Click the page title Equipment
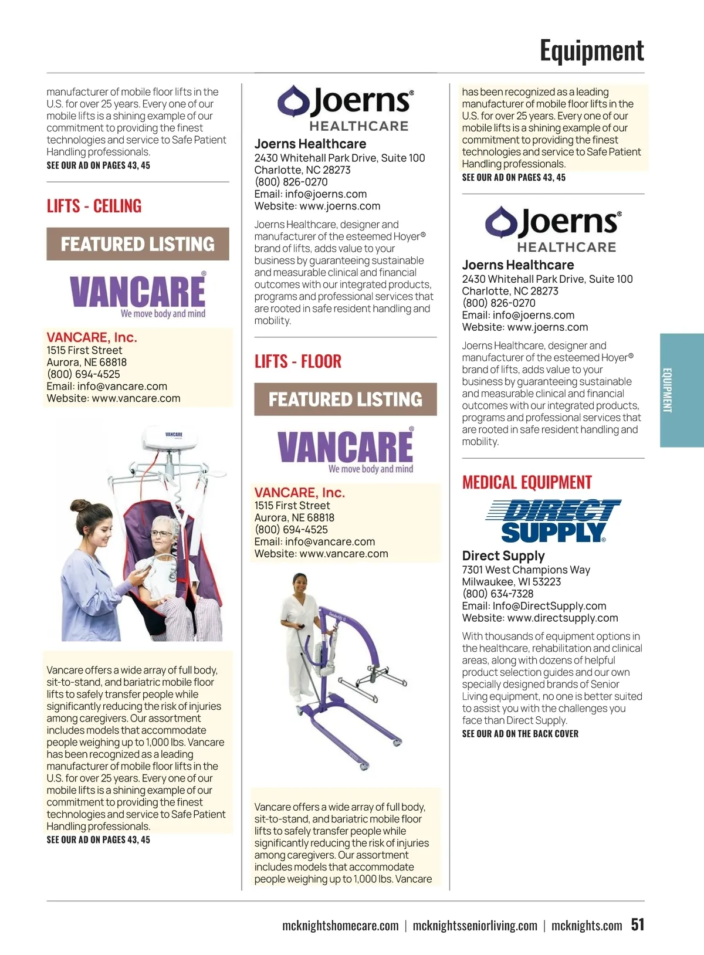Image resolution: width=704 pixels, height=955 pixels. [x=591, y=51]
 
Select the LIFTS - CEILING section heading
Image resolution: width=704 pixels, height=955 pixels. [x=94, y=206]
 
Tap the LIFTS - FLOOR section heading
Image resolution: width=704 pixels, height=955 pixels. [x=297, y=361]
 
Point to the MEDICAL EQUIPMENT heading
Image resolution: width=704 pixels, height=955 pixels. [x=527, y=483]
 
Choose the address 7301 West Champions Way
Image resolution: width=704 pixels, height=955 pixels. [x=526, y=570]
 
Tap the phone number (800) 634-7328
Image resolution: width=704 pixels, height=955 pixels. [x=497, y=594]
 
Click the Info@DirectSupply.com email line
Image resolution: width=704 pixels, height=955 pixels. [x=534, y=606]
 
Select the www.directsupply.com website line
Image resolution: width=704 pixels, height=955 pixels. [x=540, y=618]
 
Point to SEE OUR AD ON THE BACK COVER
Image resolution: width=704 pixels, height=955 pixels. [x=520, y=734]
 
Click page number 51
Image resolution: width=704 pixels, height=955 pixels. [x=637, y=924]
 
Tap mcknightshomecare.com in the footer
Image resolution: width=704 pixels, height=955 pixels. [x=340, y=926]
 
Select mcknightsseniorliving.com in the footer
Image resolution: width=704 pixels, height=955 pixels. [x=475, y=926]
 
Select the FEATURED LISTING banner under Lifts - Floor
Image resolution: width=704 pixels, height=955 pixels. [x=345, y=399]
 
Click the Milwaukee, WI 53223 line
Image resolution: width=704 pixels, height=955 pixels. [x=511, y=582]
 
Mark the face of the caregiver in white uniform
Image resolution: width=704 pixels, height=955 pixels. [x=300, y=584]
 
